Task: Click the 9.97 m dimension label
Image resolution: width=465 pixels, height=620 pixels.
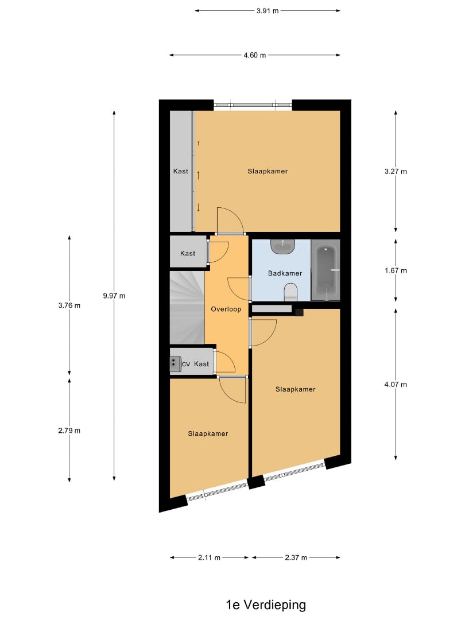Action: [114, 296]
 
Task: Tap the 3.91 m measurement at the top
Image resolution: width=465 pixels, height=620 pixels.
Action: [267, 10]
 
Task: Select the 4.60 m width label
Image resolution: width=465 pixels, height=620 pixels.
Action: [255, 55]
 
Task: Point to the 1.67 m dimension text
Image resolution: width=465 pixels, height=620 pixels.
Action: [396, 270]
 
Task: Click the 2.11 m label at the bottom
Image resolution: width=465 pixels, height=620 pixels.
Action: [210, 557]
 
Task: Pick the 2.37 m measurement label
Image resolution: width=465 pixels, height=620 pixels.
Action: [296, 557]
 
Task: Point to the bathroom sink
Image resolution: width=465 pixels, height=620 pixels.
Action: [283, 247]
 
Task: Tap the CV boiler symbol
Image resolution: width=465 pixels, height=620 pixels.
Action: [174, 363]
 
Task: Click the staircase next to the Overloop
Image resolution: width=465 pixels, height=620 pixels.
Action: [187, 308]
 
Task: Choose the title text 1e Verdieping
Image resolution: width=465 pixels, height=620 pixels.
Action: [266, 604]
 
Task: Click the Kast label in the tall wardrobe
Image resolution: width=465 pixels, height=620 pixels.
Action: [181, 171]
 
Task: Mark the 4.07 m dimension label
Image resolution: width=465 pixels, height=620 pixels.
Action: [396, 385]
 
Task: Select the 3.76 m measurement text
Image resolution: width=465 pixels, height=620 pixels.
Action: [69, 305]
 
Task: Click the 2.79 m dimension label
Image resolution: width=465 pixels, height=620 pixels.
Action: [69, 431]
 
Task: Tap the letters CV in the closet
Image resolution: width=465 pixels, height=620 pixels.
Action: [185, 364]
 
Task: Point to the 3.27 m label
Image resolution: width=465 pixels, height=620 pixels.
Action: [396, 171]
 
